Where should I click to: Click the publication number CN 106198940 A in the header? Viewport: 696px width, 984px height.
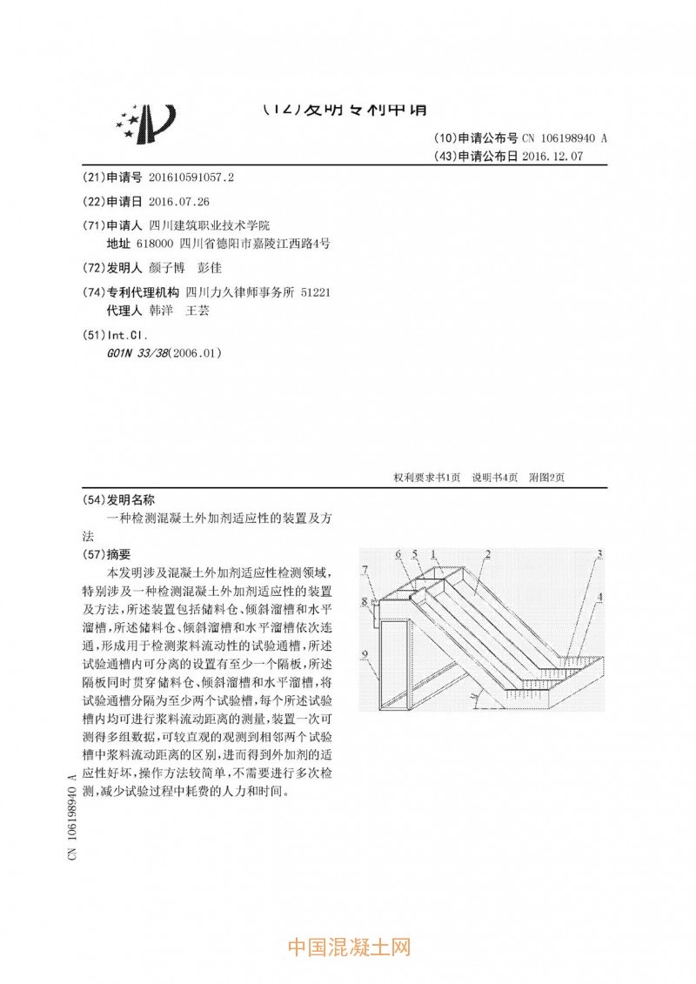point(557,138)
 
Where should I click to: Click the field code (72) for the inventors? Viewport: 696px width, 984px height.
point(92,268)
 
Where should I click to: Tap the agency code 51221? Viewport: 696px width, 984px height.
point(315,292)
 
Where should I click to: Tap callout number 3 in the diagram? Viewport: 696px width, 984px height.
point(599,553)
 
